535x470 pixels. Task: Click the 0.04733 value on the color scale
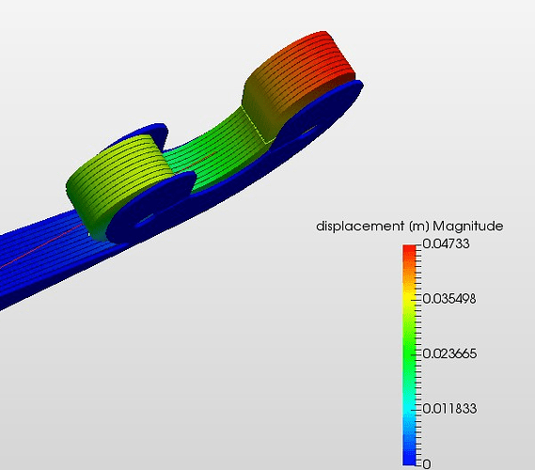(x=446, y=243)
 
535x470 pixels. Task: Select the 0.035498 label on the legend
(x=449, y=299)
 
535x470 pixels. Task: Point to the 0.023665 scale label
(x=449, y=353)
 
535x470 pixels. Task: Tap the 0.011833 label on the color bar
(x=449, y=409)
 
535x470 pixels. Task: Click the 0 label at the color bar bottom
(x=427, y=463)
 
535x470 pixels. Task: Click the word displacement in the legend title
(x=359, y=227)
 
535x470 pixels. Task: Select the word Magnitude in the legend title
(x=468, y=227)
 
